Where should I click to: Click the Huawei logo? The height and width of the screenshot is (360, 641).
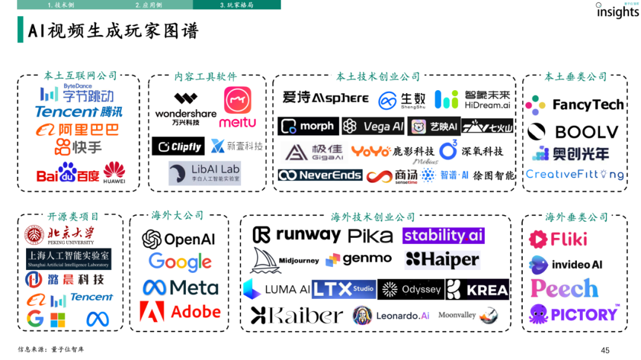pos(114,172)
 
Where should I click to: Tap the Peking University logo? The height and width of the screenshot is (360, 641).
pos(59,235)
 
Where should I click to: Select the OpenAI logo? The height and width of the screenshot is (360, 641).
pos(178,239)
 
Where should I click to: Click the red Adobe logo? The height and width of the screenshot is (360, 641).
pos(180,311)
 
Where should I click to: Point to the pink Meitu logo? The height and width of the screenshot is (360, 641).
pos(237,107)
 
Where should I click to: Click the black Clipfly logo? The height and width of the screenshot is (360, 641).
pos(178,146)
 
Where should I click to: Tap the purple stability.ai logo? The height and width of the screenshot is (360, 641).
pos(443,235)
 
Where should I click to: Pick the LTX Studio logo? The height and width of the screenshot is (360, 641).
pos(344,289)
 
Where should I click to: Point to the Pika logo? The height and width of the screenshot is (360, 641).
pos(370,236)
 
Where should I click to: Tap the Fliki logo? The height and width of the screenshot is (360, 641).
pos(558,239)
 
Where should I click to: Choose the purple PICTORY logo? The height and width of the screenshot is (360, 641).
pos(574,314)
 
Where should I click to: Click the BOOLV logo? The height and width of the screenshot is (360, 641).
pos(573,132)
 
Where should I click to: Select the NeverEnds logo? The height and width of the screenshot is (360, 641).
pos(320,175)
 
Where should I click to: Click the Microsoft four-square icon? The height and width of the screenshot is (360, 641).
pos(58,320)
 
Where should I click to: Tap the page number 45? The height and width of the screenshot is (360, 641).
pos(605,350)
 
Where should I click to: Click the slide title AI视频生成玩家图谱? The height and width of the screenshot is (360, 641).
pos(113,31)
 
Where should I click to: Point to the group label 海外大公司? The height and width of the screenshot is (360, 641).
pos(177,215)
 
